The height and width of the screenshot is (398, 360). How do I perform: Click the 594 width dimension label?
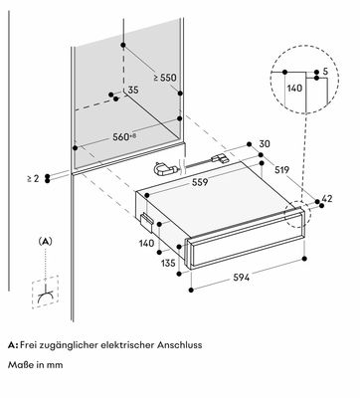pos(241,277)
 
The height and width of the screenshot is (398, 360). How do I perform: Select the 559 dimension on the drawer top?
pos(200,182)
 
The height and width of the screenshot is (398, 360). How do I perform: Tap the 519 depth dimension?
pos(281,170)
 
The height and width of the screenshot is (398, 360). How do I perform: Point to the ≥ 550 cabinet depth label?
pos(165,78)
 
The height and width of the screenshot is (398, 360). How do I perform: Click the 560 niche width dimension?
pos(124,136)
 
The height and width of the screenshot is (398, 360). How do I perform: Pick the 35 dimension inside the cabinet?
pos(133,90)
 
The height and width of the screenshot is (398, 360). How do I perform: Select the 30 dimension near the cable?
pos(265,143)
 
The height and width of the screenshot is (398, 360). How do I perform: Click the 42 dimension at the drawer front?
pos(327,198)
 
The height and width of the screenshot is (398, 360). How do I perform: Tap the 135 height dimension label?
pos(168,263)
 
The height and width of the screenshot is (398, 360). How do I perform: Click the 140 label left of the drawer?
pos(146,243)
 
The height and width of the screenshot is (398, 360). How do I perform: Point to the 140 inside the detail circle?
pos(294,89)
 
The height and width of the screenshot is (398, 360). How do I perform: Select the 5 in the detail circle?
pos(325,71)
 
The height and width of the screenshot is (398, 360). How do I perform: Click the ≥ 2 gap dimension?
pos(33,178)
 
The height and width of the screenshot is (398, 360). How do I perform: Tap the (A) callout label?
pos(46,242)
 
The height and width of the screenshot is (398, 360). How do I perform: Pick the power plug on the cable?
pos(165,169)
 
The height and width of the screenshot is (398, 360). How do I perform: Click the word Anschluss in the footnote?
pos(180,345)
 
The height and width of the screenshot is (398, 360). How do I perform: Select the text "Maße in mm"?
pos(36,364)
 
